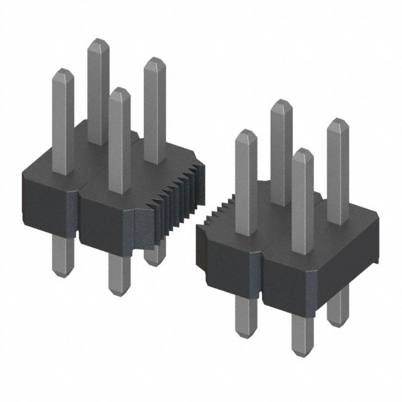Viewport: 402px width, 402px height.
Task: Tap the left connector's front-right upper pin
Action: click(x=119, y=138)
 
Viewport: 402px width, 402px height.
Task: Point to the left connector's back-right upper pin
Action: click(x=154, y=107)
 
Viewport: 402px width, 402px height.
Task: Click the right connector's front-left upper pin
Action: click(x=246, y=176)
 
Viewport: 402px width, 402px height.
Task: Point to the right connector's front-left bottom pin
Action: click(x=245, y=314)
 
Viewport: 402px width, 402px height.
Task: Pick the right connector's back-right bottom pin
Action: click(x=337, y=308)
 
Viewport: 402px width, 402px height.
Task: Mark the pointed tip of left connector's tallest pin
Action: click(x=97, y=43)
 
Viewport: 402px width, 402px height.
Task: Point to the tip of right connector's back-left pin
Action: click(x=281, y=104)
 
